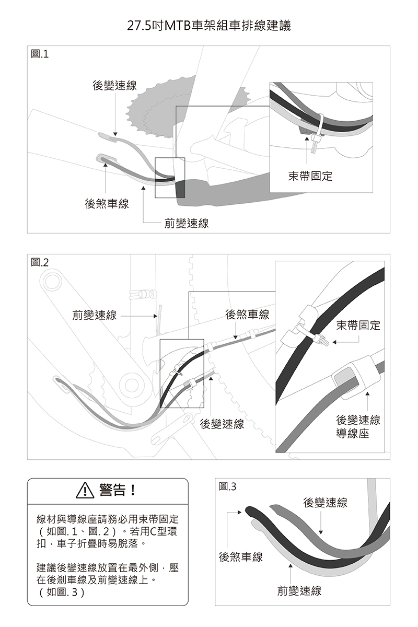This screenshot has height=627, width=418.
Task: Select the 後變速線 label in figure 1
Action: pos(115,86)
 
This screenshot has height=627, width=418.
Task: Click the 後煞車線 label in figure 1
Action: pos(107,204)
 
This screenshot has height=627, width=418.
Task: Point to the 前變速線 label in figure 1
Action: pos(187,224)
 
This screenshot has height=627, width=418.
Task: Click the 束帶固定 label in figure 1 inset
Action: pos(310,176)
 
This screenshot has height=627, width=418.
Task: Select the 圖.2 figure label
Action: pos(40,263)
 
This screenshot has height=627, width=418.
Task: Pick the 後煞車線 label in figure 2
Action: pos(247,314)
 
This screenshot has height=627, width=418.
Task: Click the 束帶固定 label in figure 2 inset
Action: pos(358,325)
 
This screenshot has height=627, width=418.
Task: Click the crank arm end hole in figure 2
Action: pos(52,283)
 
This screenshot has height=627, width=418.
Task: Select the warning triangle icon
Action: pos(84,491)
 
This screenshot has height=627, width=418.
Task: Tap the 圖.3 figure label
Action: pos(228,486)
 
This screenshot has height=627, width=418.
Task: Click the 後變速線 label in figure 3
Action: pos(326,503)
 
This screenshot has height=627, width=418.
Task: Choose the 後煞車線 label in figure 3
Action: pos(241,557)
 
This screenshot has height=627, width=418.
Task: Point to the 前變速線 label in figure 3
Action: pos(299,591)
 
